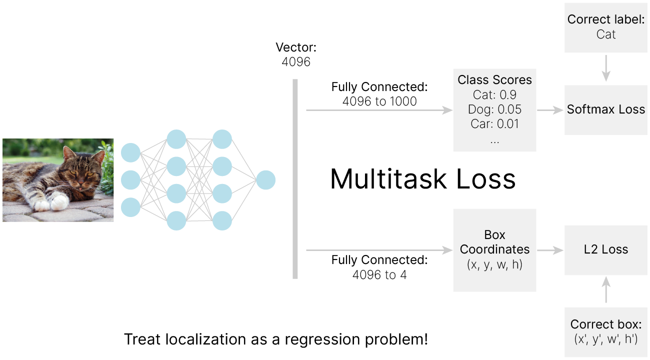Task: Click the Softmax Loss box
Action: [606, 109]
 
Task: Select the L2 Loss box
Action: [606, 249]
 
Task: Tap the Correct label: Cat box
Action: [606, 27]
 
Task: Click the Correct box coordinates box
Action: [606, 331]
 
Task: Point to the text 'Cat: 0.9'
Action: [494, 95]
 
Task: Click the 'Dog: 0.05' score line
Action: [494, 109]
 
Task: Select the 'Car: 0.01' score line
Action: [494, 124]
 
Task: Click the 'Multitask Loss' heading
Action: [422, 179]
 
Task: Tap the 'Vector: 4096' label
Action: [296, 55]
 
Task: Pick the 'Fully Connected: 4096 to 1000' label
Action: [379, 94]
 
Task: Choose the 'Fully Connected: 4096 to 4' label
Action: [379, 267]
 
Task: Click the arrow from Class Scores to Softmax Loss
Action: [550, 110]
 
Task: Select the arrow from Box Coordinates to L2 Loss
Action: [550, 250]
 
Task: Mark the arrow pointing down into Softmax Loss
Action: [606, 68]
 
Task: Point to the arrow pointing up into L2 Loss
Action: [606, 290]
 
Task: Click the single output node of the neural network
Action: [265, 180]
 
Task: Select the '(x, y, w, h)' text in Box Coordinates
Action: [494, 265]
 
